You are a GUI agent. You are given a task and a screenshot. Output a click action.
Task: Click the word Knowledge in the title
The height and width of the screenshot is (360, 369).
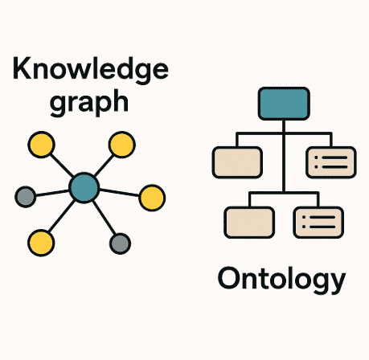(x=91, y=70)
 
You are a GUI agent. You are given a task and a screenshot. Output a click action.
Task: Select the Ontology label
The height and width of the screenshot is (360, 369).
(x=281, y=280)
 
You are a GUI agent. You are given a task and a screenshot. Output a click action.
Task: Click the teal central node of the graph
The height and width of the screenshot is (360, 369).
(x=84, y=188)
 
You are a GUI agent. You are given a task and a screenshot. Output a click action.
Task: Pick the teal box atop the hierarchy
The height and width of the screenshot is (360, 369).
(x=284, y=104)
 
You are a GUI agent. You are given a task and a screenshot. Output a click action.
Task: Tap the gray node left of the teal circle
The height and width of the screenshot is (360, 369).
(x=26, y=197)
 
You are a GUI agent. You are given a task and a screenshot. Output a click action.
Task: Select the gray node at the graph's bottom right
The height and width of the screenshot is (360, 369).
(x=120, y=243)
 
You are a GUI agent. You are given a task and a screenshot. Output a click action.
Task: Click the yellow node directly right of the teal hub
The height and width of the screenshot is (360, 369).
(x=152, y=198)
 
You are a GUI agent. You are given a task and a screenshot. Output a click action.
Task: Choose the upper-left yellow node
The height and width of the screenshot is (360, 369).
(x=41, y=145)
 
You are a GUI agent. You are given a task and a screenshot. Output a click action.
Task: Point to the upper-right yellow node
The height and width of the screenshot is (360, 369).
(x=122, y=145)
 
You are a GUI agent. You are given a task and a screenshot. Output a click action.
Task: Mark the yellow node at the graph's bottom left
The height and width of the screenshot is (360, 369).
(x=41, y=243)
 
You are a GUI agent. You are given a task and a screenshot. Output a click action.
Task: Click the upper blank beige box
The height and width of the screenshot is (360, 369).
(x=237, y=162)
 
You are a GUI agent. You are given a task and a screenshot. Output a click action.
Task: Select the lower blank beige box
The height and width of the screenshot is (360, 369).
(x=249, y=223)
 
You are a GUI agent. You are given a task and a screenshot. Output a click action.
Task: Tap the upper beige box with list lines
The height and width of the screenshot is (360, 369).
(x=331, y=162)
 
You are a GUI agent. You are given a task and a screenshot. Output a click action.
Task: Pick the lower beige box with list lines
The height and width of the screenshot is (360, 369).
(x=318, y=223)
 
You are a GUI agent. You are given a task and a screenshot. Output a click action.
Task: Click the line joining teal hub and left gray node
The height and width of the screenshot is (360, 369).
(x=52, y=193)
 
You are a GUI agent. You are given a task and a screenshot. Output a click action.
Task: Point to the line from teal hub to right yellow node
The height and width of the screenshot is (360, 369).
(x=119, y=193)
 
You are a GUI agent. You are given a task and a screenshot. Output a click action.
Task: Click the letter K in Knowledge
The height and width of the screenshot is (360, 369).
(x=22, y=68)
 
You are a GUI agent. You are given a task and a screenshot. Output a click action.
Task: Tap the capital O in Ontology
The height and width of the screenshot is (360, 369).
(x=228, y=278)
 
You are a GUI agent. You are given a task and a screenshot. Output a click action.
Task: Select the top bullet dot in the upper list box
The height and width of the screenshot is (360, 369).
(x=316, y=157)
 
